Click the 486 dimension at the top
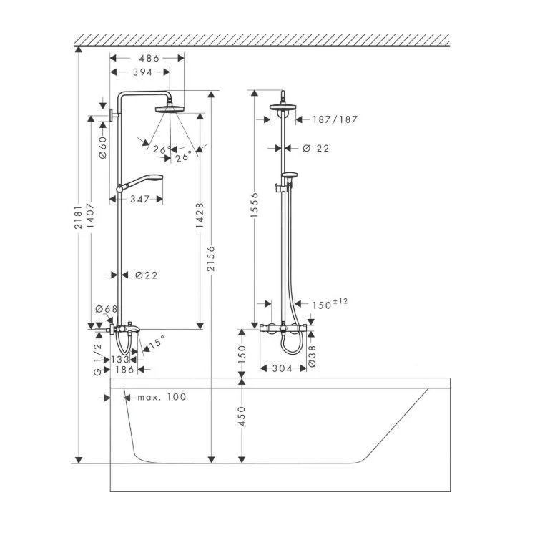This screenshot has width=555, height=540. point(148,59)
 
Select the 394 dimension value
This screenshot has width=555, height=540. point(142,72)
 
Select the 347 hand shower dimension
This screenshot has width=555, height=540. point(140,199)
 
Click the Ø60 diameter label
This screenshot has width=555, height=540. point(102,147)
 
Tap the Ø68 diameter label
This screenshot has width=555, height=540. point(107,309)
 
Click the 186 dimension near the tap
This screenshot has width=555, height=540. point(124,370)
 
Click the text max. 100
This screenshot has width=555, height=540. point(162,396)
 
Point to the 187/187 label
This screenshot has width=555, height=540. point(335,119)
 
